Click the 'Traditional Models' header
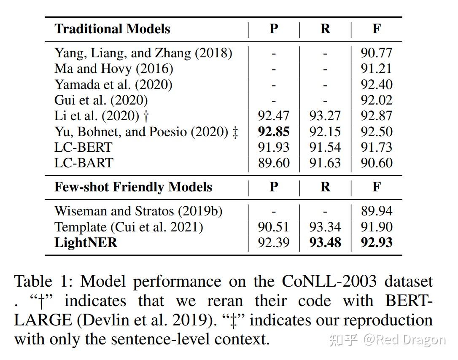point(112,29)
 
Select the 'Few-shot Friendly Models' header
point(133,187)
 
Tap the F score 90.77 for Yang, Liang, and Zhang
point(376,53)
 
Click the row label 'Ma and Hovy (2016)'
point(113,68)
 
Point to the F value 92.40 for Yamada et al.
point(376,84)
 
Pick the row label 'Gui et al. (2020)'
point(101,100)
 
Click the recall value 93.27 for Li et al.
point(325,116)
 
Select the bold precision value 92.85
point(274,132)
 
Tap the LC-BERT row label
point(84,147)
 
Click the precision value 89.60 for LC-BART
point(274,163)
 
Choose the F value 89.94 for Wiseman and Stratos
point(376,211)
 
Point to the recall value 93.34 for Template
point(325,227)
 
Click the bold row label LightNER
point(86,242)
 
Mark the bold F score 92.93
point(376,242)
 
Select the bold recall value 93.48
point(325,242)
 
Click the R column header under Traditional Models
point(325,29)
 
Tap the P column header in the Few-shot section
point(274,187)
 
